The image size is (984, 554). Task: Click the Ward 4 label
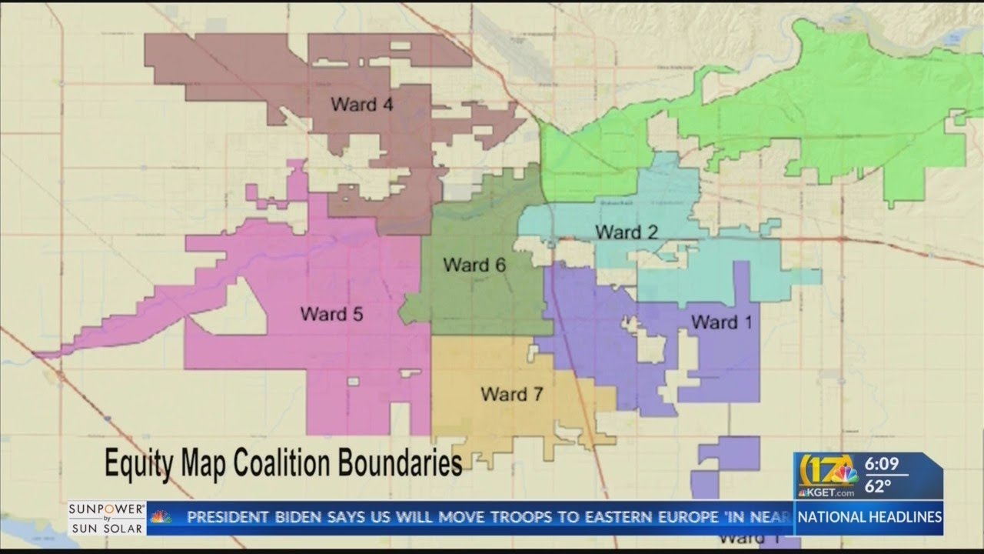tap(362, 105)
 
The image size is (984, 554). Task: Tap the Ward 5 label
tap(331, 314)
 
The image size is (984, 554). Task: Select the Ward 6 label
tap(474, 265)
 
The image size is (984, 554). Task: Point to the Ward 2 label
tap(627, 232)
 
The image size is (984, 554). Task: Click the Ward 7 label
tap(512, 395)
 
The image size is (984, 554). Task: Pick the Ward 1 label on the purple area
tap(722, 322)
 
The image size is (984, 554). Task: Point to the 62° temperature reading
tap(879, 486)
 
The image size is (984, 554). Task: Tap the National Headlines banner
tap(869, 517)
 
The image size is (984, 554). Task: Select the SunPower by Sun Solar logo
tap(106, 518)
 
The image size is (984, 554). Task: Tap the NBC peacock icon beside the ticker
tap(161, 517)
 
